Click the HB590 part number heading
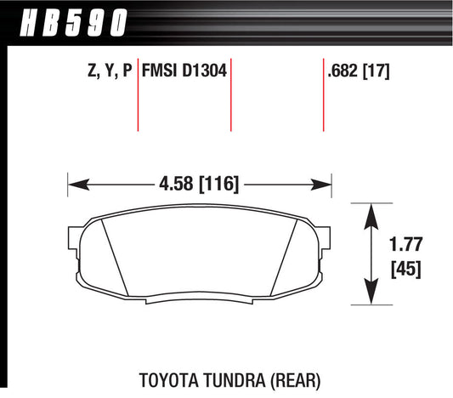point(74,23)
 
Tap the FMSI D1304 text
point(184,71)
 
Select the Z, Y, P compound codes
point(110,71)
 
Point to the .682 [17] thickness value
point(359,71)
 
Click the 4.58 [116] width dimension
point(199,184)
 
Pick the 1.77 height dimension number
point(405,244)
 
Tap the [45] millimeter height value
point(406,270)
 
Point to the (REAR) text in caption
point(296,380)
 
